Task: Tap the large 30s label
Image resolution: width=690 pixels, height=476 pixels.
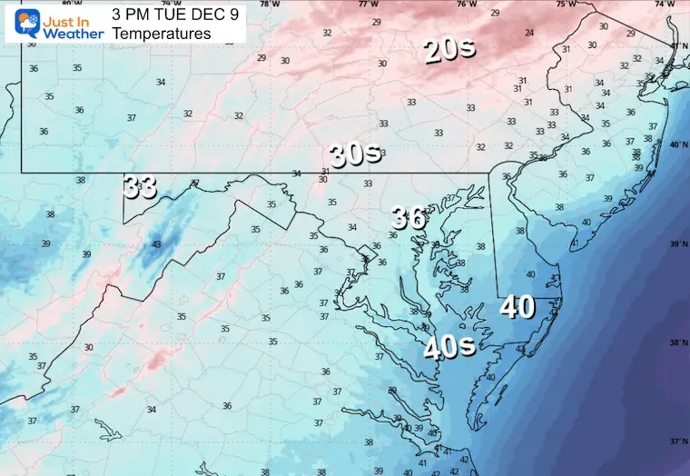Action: pyautogui.click(x=355, y=154)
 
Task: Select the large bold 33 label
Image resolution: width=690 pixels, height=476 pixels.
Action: pyautogui.click(x=141, y=187)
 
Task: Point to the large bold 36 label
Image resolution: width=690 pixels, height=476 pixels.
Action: pyautogui.click(x=409, y=218)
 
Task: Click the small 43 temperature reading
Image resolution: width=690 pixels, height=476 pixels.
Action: pyautogui.click(x=156, y=243)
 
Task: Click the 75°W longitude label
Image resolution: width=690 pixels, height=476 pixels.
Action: pyautogui.click(x=566, y=5)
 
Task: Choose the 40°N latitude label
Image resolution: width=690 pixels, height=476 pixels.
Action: pyautogui.click(x=677, y=145)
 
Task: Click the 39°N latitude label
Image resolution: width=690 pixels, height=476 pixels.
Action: pyautogui.click(x=677, y=245)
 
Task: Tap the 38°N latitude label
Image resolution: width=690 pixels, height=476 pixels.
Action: pyautogui.click(x=677, y=343)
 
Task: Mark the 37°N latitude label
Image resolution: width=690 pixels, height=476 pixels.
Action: pyautogui.click(x=677, y=441)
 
